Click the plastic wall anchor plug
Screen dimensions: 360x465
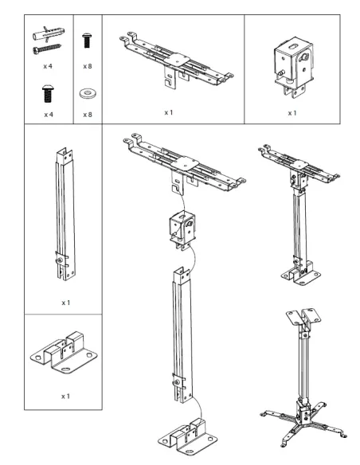pyautogui.click(x=49, y=34)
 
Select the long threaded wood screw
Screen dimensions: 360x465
pyautogui.click(x=47, y=49)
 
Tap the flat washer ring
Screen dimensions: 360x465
pyautogui.click(x=88, y=93)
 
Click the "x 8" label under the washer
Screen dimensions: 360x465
pyautogui.click(x=88, y=115)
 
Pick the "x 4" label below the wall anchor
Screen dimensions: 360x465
pyautogui.click(x=48, y=66)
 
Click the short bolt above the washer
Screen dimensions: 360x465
pyautogui.click(x=87, y=41)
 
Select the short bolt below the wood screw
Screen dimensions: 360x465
pyautogui.click(x=48, y=94)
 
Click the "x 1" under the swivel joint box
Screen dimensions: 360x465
pyautogui.click(x=292, y=113)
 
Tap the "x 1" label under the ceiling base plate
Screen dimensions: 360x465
pyautogui.click(x=65, y=397)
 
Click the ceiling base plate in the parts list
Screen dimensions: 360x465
pyautogui.click(x=64, y=353)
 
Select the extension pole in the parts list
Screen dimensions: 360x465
pyautogui.click(x=65, y=213)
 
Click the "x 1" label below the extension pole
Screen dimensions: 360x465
pyautogui.click(x=66, y=303)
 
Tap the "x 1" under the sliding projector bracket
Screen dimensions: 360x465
pyautogui.click(x=169, y=113)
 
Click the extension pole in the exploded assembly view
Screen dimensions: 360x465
pyautogui.click(x=182, y=334)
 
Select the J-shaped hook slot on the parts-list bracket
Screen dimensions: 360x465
pyautogui.click(x=169, y=82)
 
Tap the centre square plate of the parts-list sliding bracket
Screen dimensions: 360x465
pyautogui.click(x=177, y=61)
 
